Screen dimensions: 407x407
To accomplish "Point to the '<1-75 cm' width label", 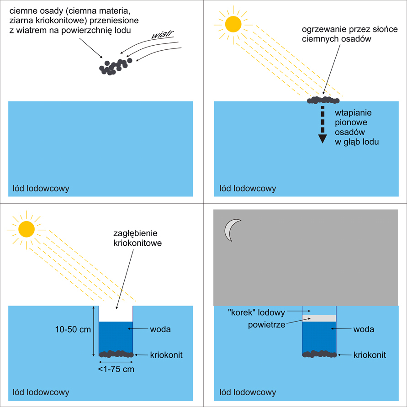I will (x=116, y=370).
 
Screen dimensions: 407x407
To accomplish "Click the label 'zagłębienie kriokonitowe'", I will (x=137, y=239).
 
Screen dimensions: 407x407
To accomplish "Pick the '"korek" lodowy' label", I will (x=256, y=313).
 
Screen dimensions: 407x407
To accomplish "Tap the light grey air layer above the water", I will (x=319, y=318).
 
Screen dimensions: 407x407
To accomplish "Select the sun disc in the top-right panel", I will (x=233, y=24).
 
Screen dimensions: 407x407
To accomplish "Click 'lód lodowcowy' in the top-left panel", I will (x=41, y=188).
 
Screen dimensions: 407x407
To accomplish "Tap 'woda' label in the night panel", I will (x=364, y=329).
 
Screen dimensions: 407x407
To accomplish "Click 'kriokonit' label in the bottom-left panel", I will (x=167, y=355).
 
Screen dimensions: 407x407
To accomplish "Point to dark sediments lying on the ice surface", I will (x=324, y=100).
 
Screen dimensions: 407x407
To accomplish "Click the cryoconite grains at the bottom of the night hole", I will (x=319, y=354).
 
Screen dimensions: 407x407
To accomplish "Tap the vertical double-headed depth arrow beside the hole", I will (x=93, y=331).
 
